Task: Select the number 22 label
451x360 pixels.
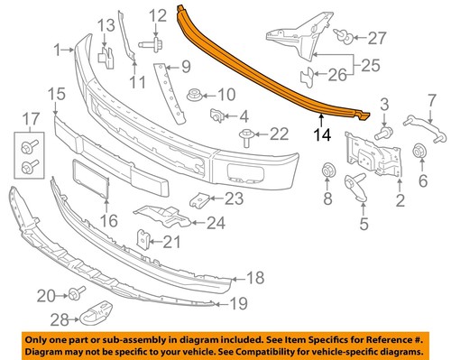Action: (x=279, y=134)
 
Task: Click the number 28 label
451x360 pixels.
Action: (x=59, y=318)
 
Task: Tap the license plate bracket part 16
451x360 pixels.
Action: (x=90, y=180)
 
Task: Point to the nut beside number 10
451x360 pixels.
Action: (x=193, y=93)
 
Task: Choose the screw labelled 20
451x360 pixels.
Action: (x=76, y=294)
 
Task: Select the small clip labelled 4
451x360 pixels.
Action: (x=217, y=115)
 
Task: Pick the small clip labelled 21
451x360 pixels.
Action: (x=143, y=238)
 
